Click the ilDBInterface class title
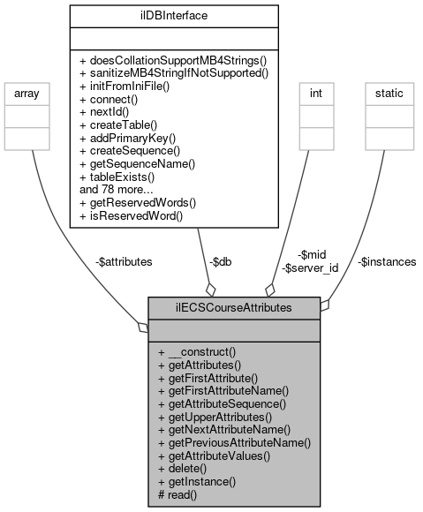point(174,15)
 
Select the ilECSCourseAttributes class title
point(234,307)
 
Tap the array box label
point(32,92)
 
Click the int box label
point(315,92)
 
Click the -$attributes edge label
point(123,261)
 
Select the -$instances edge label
point(386,261)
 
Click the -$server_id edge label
point(310,267)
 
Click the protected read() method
point(178,495)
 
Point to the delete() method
point(185,469)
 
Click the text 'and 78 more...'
point(117,189)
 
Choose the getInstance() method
point(197,482)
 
